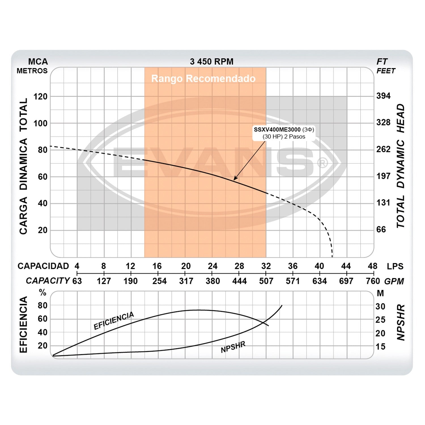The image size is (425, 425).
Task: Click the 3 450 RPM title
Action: coord(212,61)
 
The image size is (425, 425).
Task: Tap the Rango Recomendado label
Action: coord(203,78)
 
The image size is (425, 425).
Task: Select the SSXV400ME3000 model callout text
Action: coord(277,130)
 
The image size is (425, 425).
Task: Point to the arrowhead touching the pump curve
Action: coord(235,179)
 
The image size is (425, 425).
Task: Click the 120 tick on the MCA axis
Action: coord(41,97)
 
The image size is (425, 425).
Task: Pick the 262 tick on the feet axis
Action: coord(383,149)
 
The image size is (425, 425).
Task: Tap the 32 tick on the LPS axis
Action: coord(266,266)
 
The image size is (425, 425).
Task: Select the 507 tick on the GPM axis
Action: coord(266,281)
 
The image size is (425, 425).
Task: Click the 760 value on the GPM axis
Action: coord(373,281)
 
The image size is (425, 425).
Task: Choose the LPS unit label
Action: coord(395,266)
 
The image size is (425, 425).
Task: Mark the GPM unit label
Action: coord(394,281)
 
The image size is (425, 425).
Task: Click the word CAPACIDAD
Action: coord(43,266)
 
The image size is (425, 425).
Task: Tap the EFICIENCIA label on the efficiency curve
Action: coord(114,321)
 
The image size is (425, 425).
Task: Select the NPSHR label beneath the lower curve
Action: coord(233,347)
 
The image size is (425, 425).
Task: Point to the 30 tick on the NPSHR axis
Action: coord(380,307)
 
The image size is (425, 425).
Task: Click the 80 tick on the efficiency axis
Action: coord(42,305)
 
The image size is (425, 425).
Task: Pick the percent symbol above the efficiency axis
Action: coord(43,293)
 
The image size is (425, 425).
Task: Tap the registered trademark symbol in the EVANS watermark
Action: coord(322,163)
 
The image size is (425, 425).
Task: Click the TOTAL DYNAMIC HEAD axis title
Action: coord(400,166)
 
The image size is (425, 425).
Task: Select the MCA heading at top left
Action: coord(38,62)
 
